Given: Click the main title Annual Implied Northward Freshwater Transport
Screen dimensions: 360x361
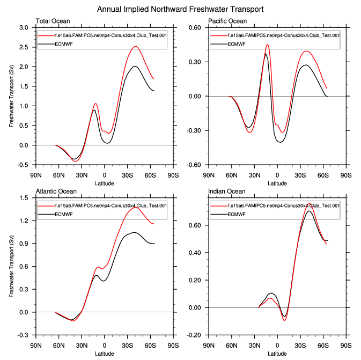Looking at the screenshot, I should click(180, 10).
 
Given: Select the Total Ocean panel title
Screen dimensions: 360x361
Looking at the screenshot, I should click(53, 21).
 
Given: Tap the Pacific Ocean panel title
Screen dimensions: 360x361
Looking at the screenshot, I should click(227, 21).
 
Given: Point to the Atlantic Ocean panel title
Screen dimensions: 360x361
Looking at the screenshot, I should click(56, 192).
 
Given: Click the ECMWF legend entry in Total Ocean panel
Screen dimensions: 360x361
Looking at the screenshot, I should click(65, 44).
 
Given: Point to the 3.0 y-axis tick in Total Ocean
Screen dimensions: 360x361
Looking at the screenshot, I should click(24, 28).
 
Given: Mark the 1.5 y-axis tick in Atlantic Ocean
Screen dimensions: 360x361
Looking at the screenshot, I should click(25, 199).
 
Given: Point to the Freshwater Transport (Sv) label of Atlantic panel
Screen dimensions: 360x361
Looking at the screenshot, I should click(11, 266).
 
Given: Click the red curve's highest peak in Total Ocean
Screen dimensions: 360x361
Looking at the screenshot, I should click(136, 47).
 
